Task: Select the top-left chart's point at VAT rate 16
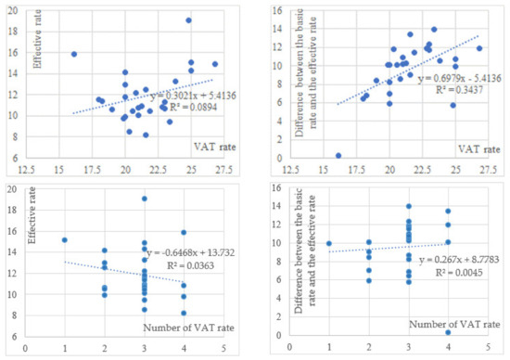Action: [74, 54]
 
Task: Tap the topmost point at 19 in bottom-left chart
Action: [145, 199]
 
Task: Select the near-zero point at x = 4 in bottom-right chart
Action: [448, 332]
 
